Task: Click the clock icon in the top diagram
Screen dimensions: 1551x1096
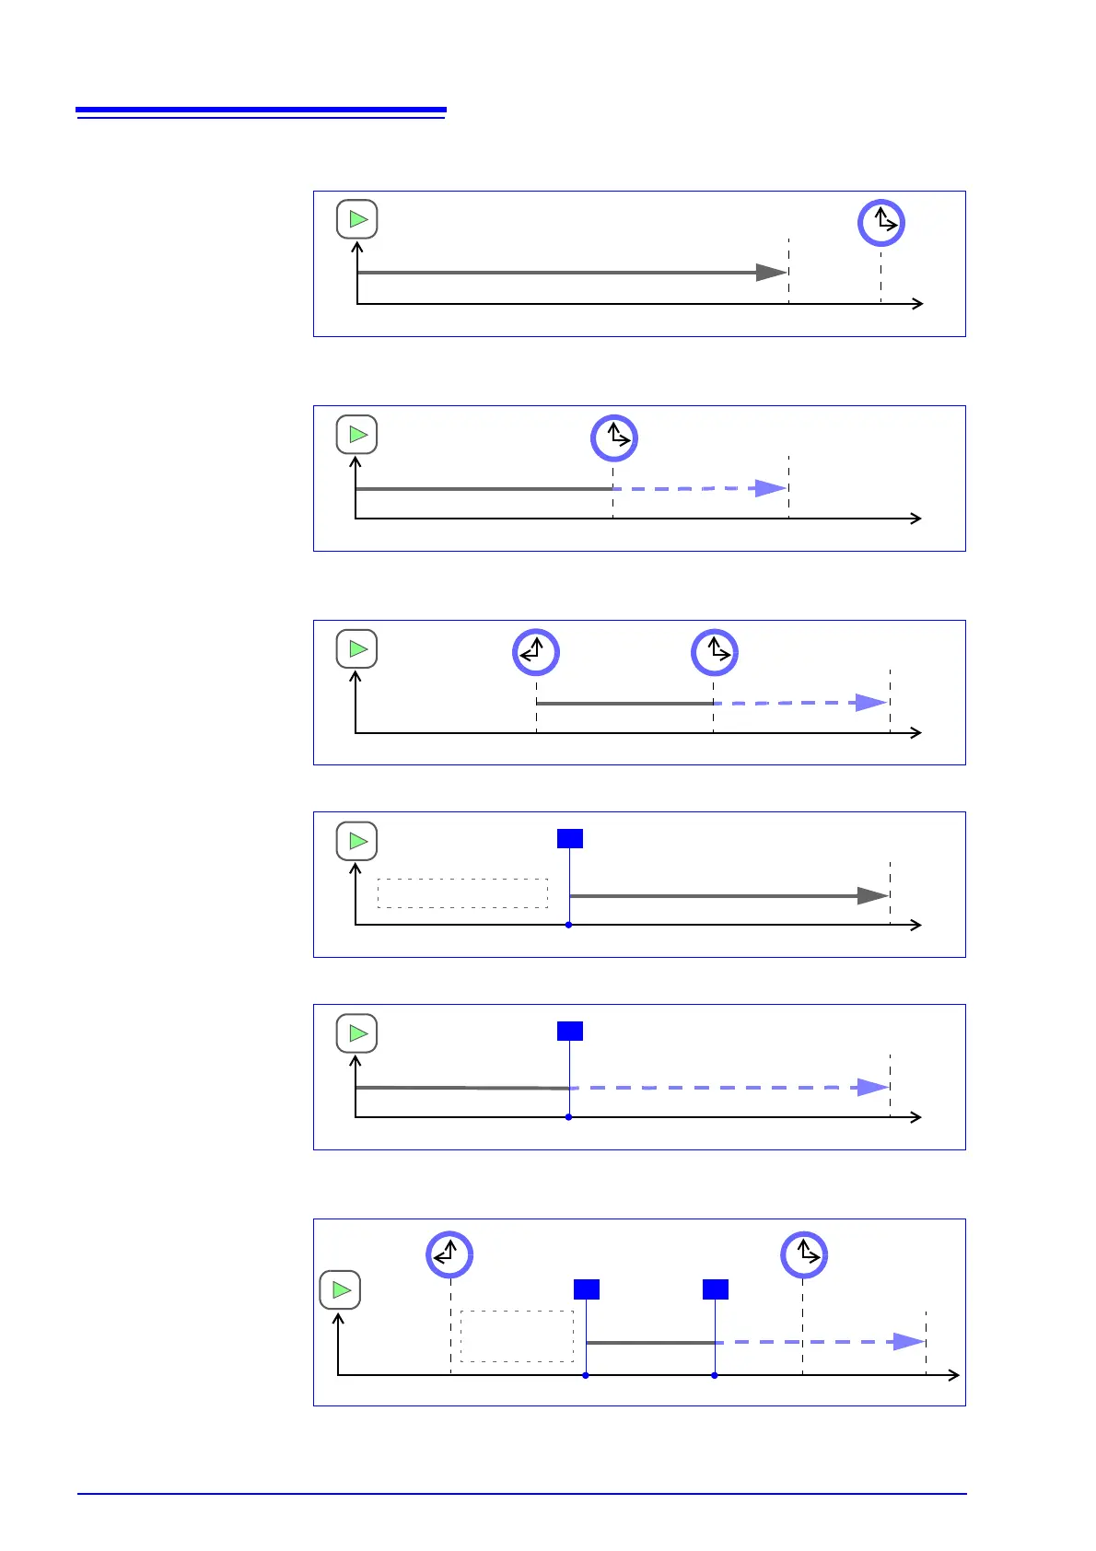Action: coord(881,223)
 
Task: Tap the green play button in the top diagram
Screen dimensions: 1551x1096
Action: coord(357,219)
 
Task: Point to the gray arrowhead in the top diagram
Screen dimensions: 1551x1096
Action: coord(771,273)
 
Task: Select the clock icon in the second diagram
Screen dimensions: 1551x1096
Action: coord(613,437)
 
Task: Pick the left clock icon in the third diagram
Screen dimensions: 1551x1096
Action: coord(536,652)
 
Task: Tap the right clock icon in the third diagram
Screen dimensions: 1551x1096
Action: coord(715,652)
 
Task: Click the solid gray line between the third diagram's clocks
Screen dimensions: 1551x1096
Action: coord(624,704)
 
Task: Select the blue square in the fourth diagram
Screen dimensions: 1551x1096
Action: coord(570,838)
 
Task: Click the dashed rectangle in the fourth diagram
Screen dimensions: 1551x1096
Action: coord(462,893)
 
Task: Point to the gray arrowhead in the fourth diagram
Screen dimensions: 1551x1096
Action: coord(872,895)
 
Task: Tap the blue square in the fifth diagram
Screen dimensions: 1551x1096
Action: coord(570,1031)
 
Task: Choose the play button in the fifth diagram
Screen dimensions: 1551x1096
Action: coord(357,1033)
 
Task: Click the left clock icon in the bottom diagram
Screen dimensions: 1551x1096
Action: coord(449,1254)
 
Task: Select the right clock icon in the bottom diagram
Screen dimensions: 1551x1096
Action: coord(804,1254)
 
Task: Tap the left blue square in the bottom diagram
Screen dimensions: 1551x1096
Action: coord(587,1289)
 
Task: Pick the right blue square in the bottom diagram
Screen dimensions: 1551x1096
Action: coord(716,1289)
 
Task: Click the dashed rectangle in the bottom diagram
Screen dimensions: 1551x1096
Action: coord(517,1336)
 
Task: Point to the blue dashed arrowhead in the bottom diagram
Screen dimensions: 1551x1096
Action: coord(909,1342)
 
